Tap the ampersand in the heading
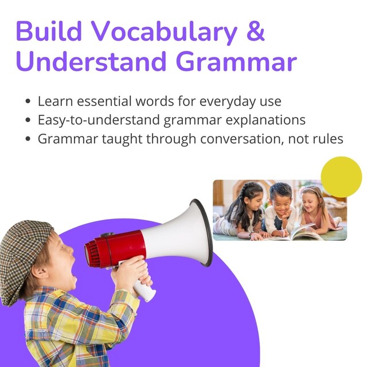[256, 30]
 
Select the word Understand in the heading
[91, 61]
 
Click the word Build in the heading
[49, 30]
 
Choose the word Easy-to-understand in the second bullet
[98, 120]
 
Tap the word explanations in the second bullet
[266, 120]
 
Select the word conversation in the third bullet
[242, 139]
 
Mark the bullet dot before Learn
[28, 101]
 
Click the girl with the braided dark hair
[243, 210]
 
